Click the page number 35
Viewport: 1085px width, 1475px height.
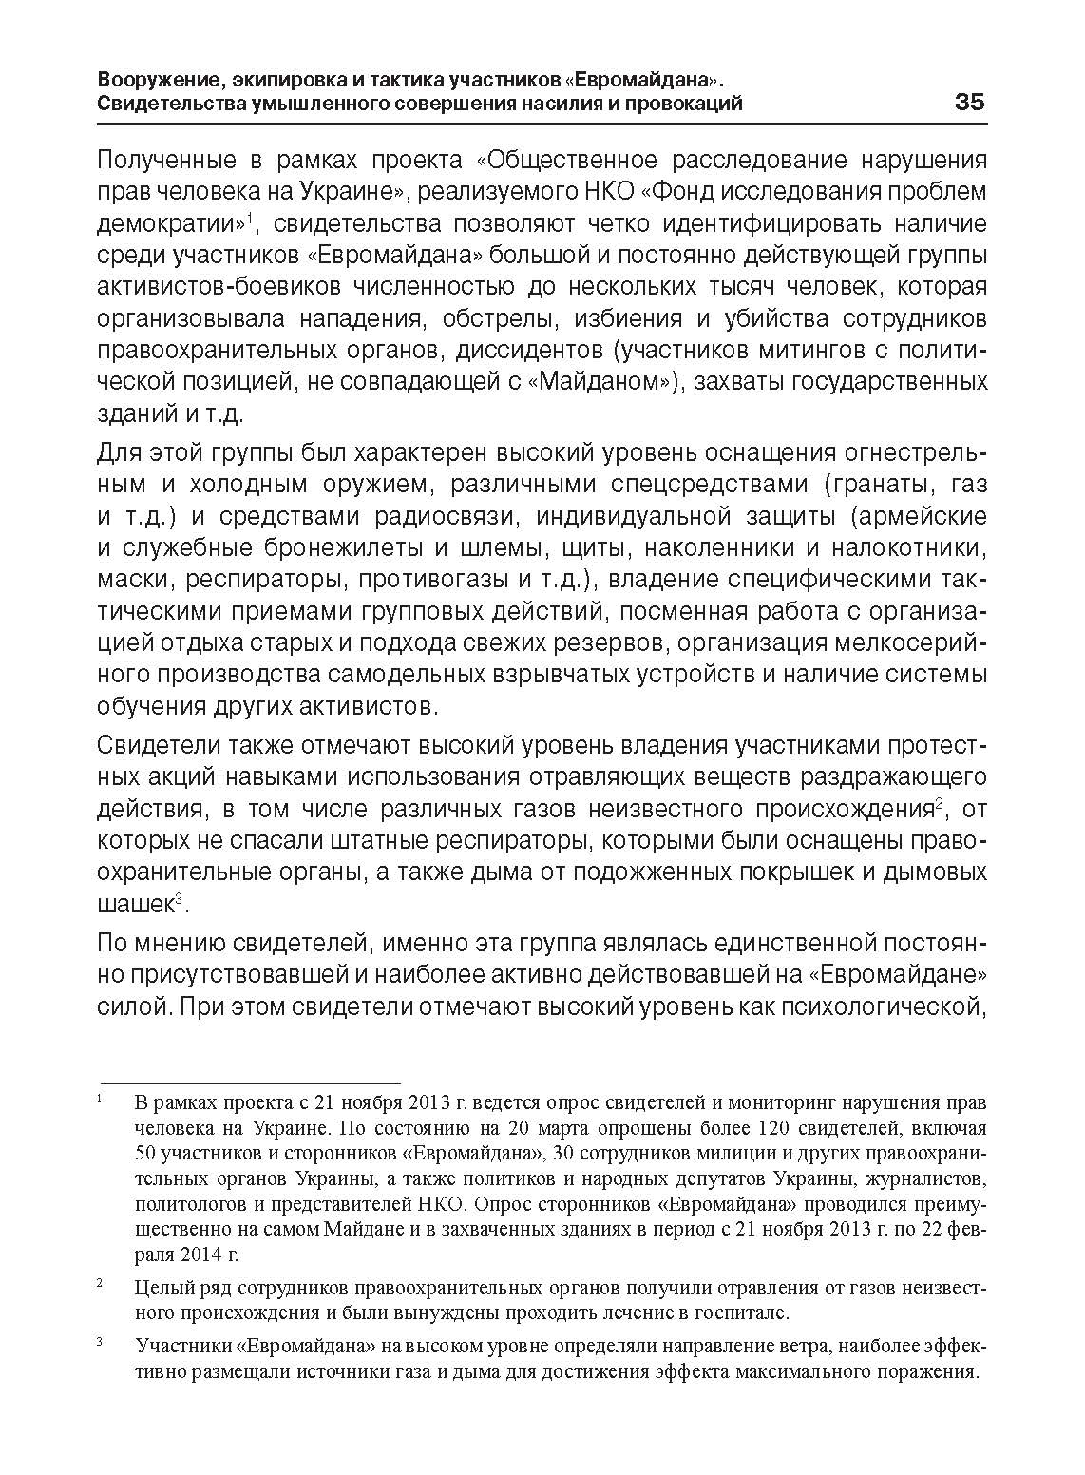click(970, 102)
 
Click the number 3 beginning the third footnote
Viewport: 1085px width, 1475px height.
click(100, 1344)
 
